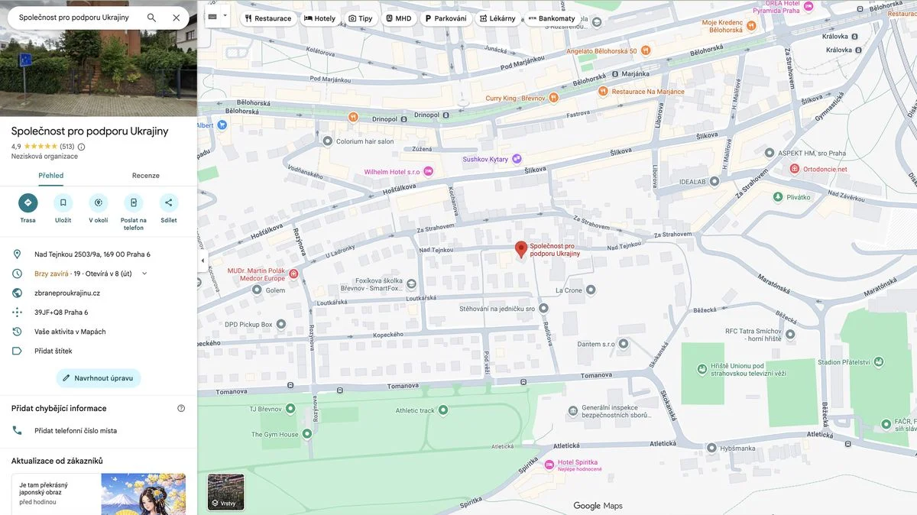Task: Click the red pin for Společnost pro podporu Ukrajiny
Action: (521, 249)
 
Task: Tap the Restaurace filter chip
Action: (267, 18)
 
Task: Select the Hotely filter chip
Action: (319, 18)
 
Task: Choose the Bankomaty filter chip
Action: (551, 18)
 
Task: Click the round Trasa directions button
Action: (28, 202)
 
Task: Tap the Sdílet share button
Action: (168, 202)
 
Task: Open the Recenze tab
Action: (145, 176)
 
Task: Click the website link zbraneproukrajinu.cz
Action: (67, 293)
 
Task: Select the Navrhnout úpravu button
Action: (98, 378)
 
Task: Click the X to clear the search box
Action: (177, 18)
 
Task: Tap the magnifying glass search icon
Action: (151, 18)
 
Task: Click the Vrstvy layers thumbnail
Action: (226, 492)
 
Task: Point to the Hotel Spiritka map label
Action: (578, 463)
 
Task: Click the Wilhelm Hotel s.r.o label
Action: (391, 172)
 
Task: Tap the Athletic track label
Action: (415, 410)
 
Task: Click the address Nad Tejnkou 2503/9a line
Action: (92, 254)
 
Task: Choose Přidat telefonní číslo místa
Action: (76, 430)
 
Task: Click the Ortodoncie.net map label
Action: (825, 169)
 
